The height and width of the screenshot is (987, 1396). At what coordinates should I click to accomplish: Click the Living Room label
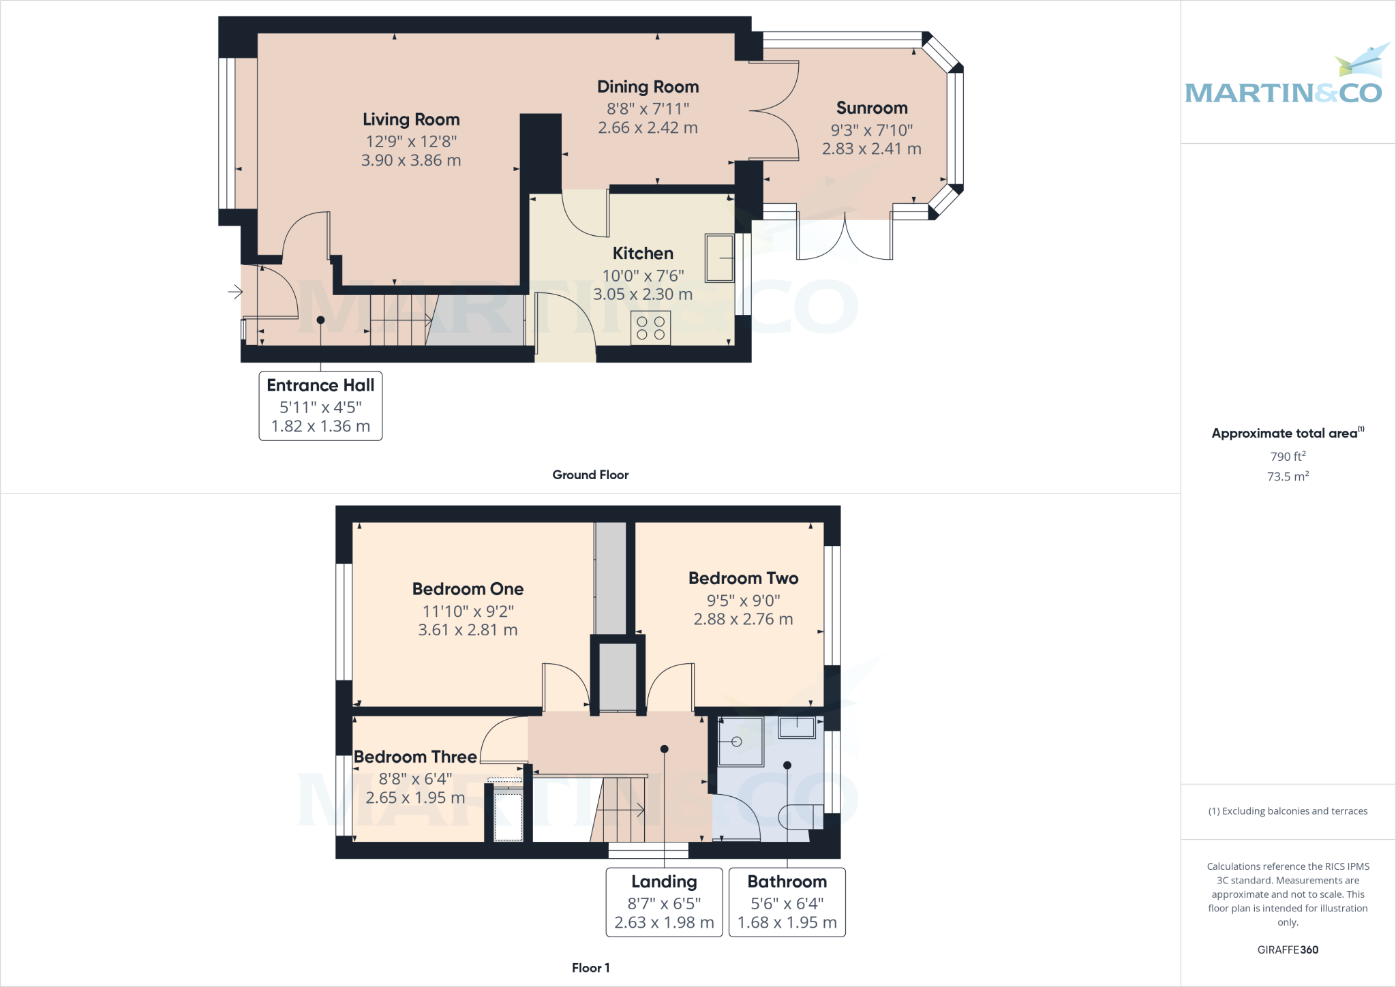[411, 119]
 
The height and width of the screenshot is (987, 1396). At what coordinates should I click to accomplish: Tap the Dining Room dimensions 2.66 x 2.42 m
[648, 127]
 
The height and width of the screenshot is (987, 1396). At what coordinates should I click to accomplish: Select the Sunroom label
[872, 108]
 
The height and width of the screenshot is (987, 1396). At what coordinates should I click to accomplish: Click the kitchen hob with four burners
[650, 328]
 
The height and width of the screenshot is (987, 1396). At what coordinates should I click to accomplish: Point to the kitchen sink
[718, 258]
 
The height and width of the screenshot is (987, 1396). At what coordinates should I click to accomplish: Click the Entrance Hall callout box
[320, 406]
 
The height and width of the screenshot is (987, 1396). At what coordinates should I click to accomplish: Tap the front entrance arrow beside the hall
[235, 292]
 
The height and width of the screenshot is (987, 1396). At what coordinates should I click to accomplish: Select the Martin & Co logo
[1285, 78]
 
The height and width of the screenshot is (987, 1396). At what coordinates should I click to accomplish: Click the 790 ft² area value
[1288, 456]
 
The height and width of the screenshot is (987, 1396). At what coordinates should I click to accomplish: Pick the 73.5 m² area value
[1288, 476]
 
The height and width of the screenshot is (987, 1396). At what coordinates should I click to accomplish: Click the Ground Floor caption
[590, 474]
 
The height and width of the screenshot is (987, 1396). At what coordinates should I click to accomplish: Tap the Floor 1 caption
[590, 967]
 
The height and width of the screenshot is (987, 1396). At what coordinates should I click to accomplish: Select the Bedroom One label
[468, 589]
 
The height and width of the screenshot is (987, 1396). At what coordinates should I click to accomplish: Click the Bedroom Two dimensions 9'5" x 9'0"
[743, 601]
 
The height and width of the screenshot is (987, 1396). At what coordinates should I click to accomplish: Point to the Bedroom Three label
[415, 757]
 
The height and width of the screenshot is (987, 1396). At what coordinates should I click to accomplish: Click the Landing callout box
[664, 902]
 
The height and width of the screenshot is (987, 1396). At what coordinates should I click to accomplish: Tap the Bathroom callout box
[787, 902]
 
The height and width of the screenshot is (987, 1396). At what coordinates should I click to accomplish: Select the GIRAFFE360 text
[1288, 950]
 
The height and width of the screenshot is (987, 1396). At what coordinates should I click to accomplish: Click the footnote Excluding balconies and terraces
[1288, 811]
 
